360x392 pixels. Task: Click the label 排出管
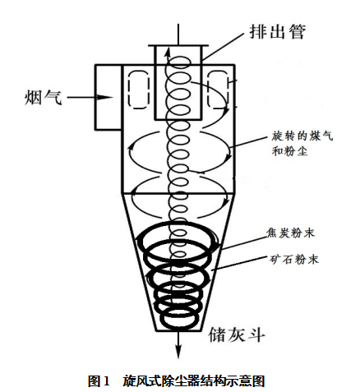(277, 32)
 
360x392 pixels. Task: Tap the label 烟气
(44, 98)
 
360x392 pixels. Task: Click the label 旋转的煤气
(302, 136)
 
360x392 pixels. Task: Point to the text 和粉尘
(289, 151)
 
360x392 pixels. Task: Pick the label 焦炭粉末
(291, 233)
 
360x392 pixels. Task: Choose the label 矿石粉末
(294, 259)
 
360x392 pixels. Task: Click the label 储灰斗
(237, 334)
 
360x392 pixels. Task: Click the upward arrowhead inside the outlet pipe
(168, 51)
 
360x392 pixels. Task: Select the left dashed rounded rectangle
(139, 90)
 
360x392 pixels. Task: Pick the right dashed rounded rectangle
(218, 90)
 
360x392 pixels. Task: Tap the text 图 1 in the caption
(99, 380)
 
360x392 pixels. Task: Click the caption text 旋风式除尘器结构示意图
(194, 380)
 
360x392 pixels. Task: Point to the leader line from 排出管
(223, 47)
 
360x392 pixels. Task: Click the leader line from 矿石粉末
(239, 264)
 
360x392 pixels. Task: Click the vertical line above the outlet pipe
(178, 35)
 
